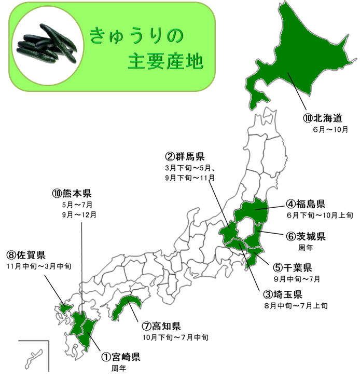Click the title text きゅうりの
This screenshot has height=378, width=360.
pyautogui.click(x=137, y=36)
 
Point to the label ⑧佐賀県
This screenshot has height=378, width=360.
pyautogui.click(x=25, y=255)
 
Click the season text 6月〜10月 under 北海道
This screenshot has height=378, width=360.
pyautogui.click(x=330, y=129)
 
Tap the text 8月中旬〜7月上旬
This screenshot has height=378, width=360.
pyautogui.click(x=295, y=306)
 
